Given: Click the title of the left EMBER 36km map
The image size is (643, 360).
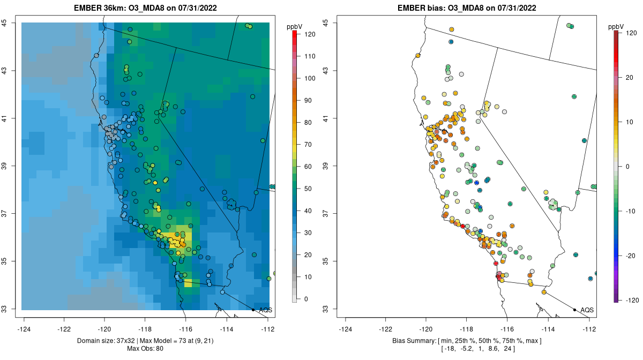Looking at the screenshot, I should click(145, 9).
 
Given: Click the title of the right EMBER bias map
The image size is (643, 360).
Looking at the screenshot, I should click(467, 9).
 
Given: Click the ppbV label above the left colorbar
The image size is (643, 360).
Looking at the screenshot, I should click(295, 26).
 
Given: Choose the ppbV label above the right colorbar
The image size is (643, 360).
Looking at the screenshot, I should click(616, 26).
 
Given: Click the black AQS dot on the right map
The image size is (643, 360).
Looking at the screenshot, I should click(574, 310).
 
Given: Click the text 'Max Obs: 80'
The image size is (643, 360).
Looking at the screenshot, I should click(145, 349).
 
